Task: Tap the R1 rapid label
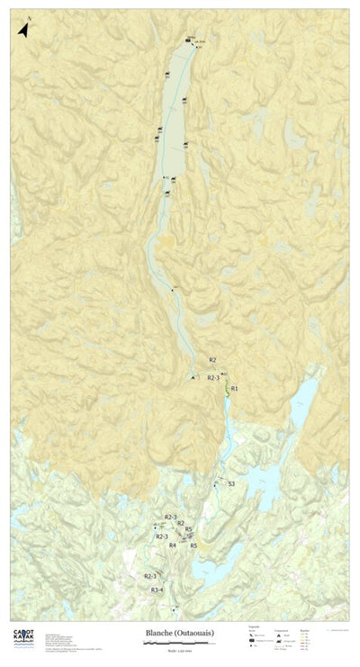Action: click(234, 388)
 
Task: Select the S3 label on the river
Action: click(231, 484)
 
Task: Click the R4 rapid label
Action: click(172, 545)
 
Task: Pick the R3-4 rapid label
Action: click(157, 590)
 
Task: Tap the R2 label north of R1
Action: click(212, 360)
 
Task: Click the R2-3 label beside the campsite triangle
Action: click(213, 378)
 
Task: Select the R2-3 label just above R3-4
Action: click(150, 576)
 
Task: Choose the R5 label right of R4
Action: click(193, 545)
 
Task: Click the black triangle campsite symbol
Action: click(192, 377)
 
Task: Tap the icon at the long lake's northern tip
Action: click(188, 41)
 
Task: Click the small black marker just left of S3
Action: click(216, 485)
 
